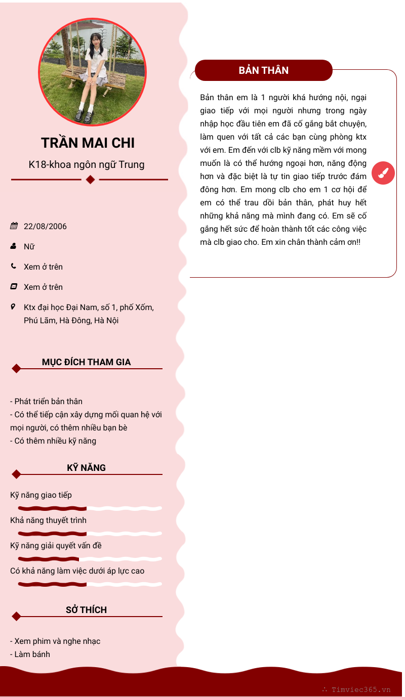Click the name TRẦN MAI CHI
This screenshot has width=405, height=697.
click(88, 143)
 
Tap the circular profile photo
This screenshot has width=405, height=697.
click(93, 72)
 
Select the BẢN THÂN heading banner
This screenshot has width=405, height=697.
click(263, 70)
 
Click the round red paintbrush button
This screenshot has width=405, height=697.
click(383, 173)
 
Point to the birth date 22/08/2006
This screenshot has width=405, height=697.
click(45, 226)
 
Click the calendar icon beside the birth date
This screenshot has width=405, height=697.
click(14, 226)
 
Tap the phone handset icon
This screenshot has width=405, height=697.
click(14, 266)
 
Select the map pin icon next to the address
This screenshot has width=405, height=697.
click(14, 307)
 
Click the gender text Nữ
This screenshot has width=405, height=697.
click(29, 246)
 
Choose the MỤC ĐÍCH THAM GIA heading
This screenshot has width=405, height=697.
click(86, 362)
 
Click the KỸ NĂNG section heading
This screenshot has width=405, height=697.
click(86, 468)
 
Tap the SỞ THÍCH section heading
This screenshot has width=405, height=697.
click(86, 610)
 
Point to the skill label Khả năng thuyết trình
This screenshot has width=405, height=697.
click(48, 520)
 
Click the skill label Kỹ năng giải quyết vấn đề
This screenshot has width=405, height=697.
click(56, 545)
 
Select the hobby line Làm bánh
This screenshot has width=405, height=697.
click(32, 654)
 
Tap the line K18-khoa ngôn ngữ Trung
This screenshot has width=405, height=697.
click(87, 164)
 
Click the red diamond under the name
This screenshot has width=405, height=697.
click(90, 180)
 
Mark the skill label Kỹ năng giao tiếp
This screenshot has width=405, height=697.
click(41, 495)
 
